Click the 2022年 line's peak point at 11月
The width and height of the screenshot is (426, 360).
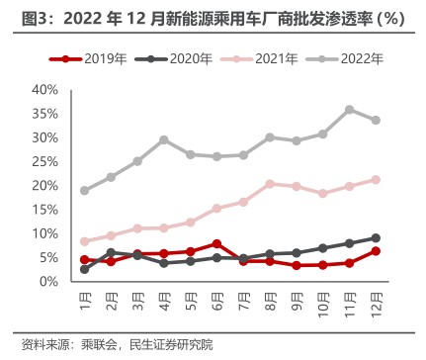(350, 110)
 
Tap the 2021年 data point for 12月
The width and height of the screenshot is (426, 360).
(376, 179)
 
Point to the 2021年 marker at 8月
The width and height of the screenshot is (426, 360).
(270, 184)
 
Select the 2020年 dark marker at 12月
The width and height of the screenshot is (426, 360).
(376, 238)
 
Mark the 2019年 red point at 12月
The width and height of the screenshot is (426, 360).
(376, 251)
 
